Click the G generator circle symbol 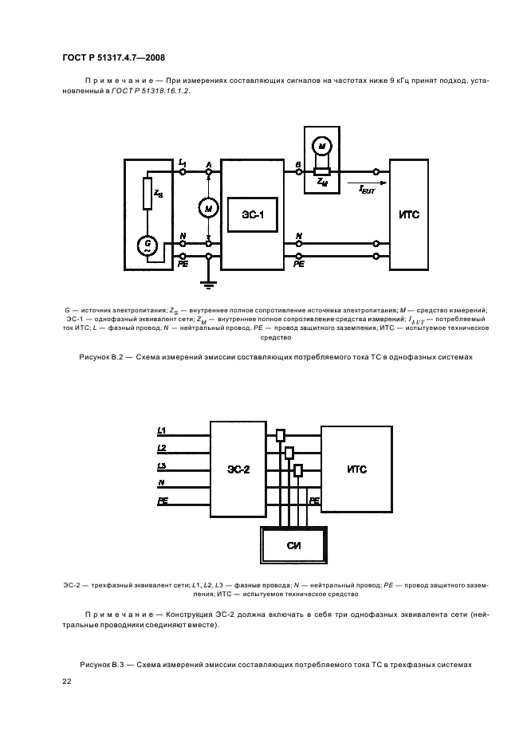(147, 244)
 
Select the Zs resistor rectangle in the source (147, 194)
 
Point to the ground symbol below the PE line (208, 282)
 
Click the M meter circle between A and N (208, 209)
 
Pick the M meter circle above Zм (322, 145)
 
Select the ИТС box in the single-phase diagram (409, 215)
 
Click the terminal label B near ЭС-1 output (297, 163)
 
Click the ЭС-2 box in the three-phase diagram (238, 469)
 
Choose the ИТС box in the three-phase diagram (356, 469)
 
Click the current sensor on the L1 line (280, 436)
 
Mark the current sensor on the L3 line (298, 470)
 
